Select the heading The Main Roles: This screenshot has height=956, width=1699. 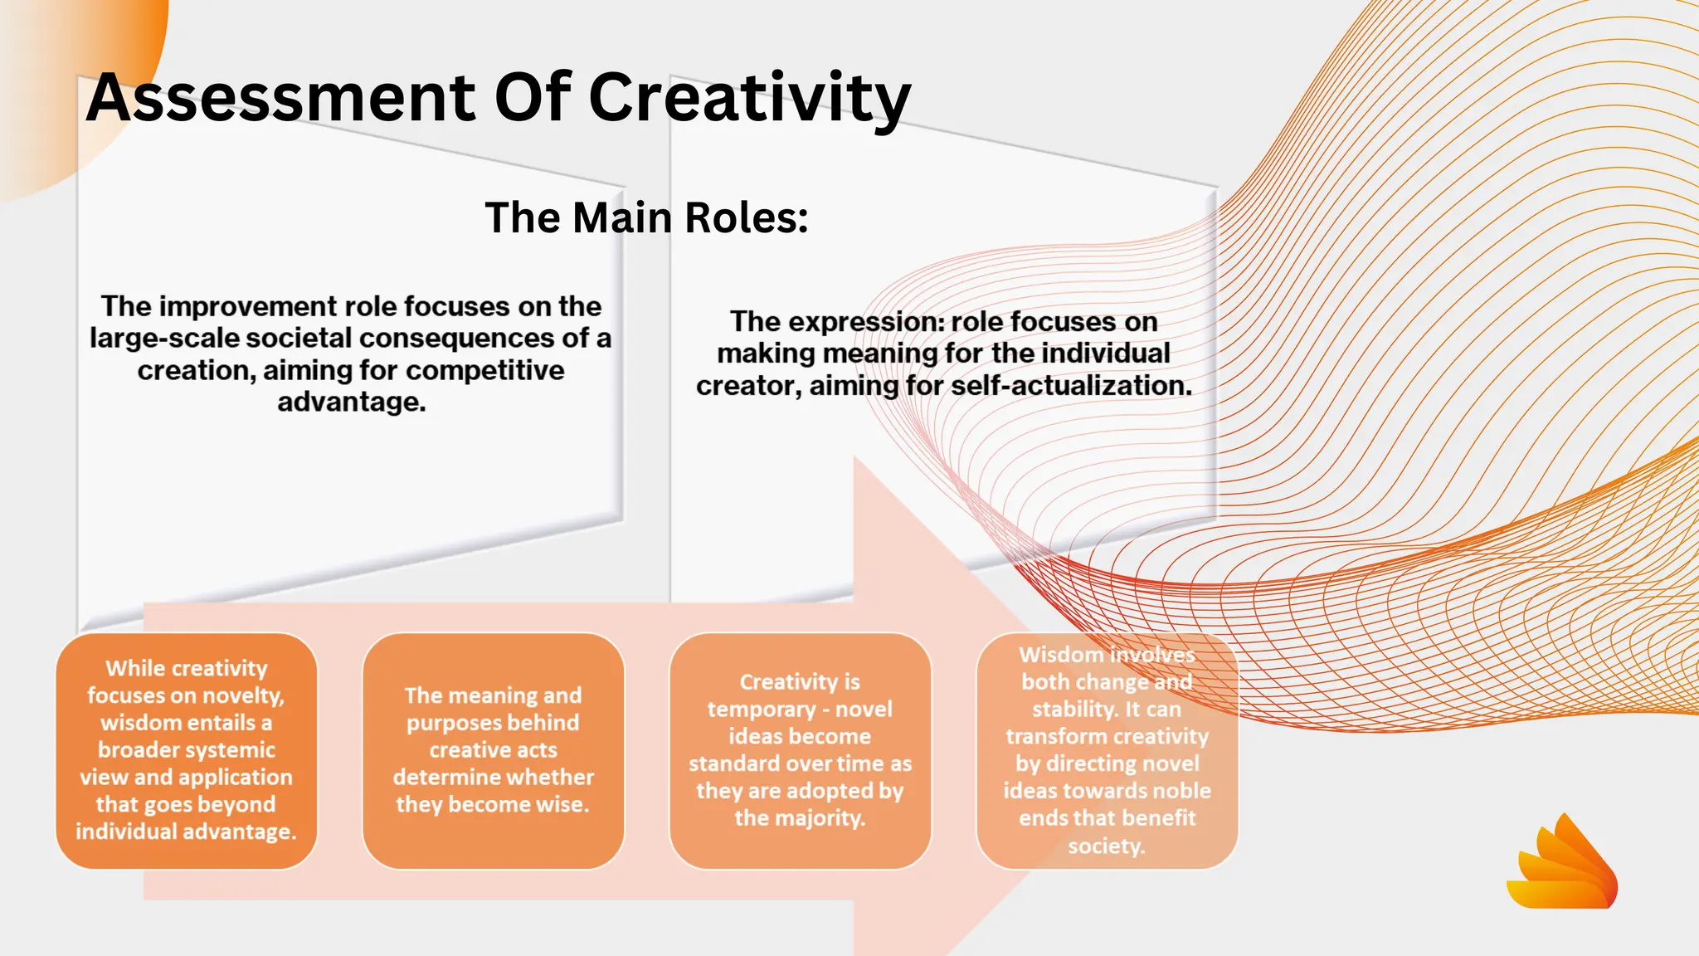[x=646, y=217]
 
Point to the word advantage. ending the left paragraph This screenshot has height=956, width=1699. [x=351, y=402]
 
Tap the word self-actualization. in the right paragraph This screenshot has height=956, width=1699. [x=1071, y=386]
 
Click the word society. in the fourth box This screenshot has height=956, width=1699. [x=1106, y=846]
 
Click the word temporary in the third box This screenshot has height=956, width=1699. [x=762, y=710]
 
